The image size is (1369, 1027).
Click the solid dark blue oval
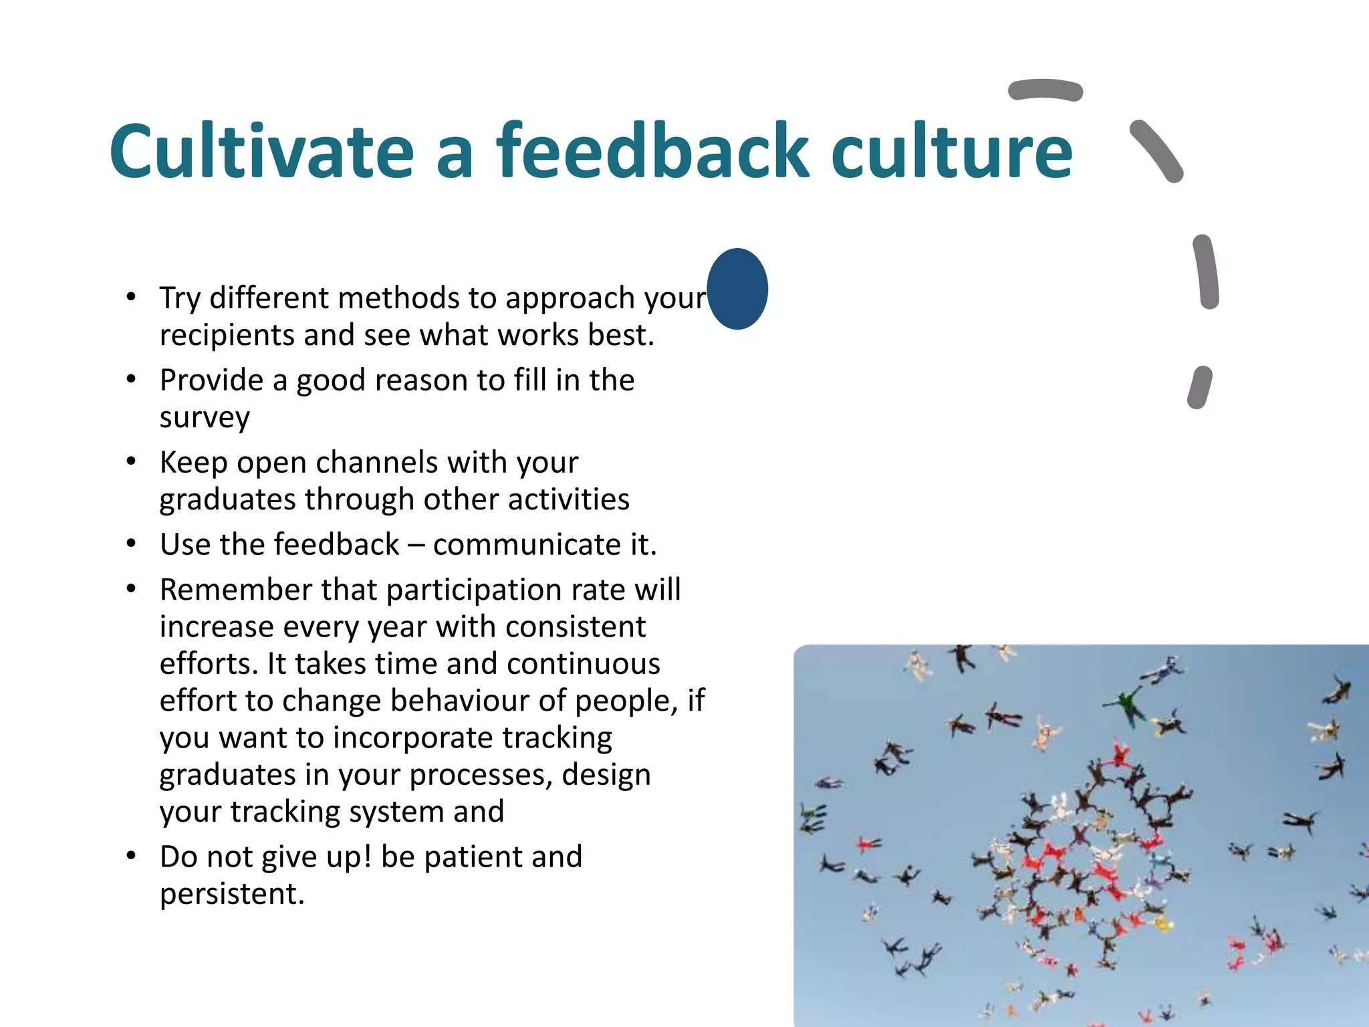point(737,289)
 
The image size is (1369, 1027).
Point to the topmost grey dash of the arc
point(1045,90)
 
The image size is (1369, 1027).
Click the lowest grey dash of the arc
point(1200,387)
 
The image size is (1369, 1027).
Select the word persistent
point(232,894)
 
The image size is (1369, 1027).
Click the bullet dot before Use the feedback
point(132,543)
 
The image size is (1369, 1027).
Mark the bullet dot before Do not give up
point(132,855)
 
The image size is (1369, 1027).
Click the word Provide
point(211,381)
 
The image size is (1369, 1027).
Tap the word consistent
point(576,627)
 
